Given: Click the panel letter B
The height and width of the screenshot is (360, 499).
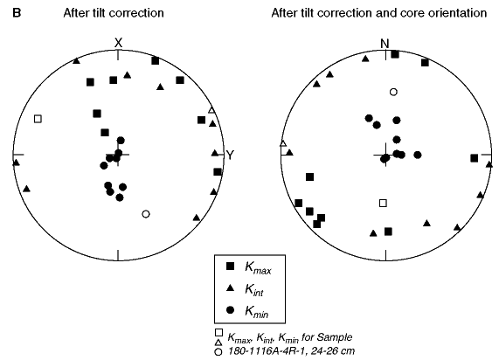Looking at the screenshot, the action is coord(17,13).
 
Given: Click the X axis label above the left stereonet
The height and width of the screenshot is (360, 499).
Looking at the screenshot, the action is coord(118,43).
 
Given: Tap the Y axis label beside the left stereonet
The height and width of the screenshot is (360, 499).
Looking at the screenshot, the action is coord(230,155).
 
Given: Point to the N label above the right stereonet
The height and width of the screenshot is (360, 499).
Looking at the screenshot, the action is coord(385,44).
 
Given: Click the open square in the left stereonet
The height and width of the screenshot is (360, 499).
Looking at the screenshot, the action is coord(38,119).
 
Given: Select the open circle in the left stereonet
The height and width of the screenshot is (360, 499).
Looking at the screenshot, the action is coord(146,214).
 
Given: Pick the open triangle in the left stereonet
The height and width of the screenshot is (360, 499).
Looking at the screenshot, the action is coord(211,110).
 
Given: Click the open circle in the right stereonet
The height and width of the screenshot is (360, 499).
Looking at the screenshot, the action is coord(393,92).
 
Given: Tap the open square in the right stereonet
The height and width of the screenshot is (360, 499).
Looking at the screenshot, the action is coord(383,203).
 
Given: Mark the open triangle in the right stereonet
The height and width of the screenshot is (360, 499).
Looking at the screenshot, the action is coord(283,143).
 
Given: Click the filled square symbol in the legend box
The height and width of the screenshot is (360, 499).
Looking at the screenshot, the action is coord(230,267).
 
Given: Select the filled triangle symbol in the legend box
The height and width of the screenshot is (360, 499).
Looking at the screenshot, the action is coord(230,288).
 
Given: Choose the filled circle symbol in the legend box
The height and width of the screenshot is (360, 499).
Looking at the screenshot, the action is coord(230,309).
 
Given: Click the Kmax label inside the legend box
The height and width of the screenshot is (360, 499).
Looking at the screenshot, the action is coord(258,268).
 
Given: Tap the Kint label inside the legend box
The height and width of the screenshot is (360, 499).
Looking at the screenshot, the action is coord(254,289).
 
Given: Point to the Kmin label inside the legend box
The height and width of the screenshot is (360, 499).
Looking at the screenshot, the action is coord(257,311).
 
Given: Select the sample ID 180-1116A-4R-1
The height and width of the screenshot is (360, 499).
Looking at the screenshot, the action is coord(268,351).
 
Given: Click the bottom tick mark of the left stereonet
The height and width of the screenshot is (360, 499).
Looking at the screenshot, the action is coord(118,255).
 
